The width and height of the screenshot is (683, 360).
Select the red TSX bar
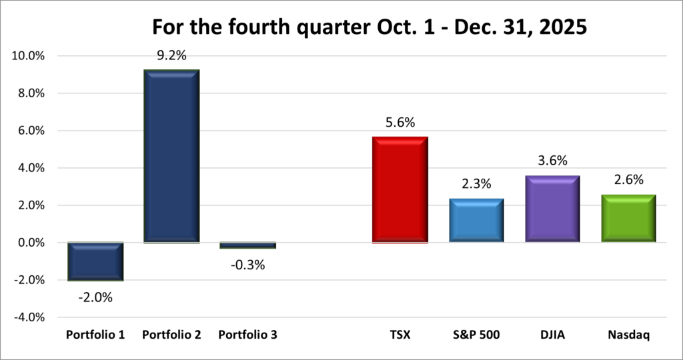(x=400, y=189)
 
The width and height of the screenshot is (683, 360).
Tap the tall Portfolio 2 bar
(x=171, y=156)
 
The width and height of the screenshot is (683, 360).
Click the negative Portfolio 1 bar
(x=95, y=261)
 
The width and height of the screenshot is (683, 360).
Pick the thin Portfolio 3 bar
(x=247, y=245)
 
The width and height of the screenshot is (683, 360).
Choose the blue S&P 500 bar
(x=476, y=220)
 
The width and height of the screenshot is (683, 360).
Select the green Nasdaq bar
(x=628, y=217)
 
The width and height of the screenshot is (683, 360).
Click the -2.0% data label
(x=95, y=297)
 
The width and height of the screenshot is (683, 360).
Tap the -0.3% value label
(x=247, y=265)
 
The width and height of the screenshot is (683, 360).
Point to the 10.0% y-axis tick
(x=28, y=57)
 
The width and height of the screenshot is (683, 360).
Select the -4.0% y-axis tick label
(x=29, y=317)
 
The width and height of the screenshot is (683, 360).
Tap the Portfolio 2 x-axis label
(x=171, y=335)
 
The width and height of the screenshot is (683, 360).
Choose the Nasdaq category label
(x=628, y=335)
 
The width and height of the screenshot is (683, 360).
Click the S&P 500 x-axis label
(x=476, y=335)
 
